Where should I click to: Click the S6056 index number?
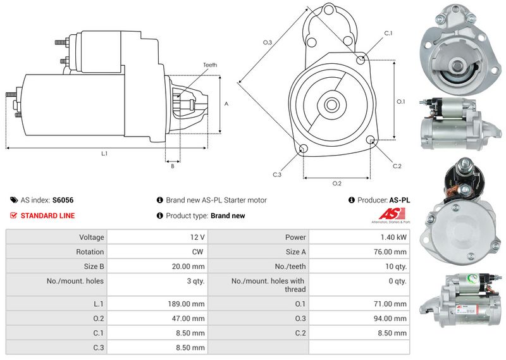tap(63, 200)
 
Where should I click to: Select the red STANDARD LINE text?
tap(47, 216)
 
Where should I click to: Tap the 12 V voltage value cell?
tap(197, 237)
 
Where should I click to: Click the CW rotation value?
tap(199, 252)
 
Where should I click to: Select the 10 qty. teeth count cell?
tap(397, 266)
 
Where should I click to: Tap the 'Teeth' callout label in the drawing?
tap(210, 65)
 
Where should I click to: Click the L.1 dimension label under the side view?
tap(104, 154)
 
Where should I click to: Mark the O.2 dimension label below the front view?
tap(337, 183)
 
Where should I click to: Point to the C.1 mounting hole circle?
tap(361, 59)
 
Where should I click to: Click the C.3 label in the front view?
tap(277, 175)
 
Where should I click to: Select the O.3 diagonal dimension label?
tap(268, 42)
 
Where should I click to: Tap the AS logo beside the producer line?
tap(395, 215)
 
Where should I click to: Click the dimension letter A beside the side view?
tap(226, 104)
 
